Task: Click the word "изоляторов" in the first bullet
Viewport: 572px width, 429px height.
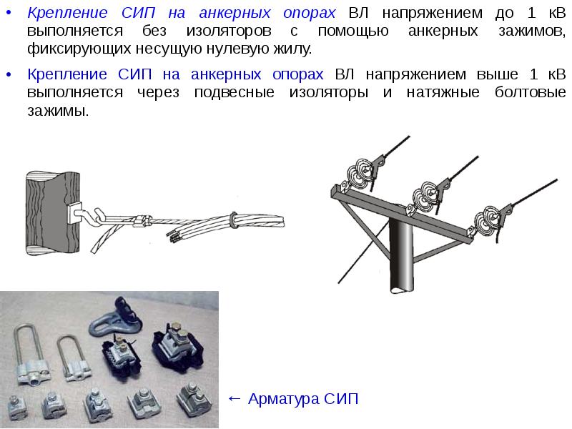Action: tap(229, 31)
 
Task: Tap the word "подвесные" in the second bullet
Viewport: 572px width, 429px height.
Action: tap(235, 92)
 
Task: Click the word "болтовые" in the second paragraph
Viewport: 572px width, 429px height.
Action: tap(530, 92)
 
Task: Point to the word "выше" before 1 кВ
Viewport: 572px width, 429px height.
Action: tap(497, 74)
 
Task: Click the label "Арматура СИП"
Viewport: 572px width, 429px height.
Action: tap(303, 399)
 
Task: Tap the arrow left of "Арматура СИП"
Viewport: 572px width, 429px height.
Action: tap(235, 399)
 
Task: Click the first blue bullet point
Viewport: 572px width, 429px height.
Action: tap(9, 13)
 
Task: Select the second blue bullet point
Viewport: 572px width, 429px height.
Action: tap(9, 75)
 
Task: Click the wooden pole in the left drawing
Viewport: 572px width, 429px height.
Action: tap(52, 213)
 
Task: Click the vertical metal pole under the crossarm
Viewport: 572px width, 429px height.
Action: tap(401, 255)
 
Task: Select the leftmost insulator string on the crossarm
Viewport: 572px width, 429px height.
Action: tap(358, 172)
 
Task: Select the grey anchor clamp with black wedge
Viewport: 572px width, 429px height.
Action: tap(115, 317)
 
